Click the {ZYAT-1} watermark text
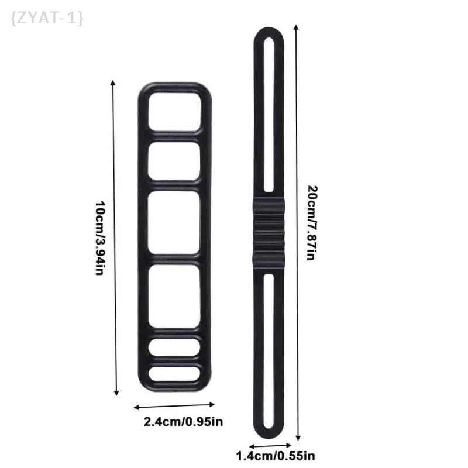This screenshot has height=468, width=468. click(x=47, y=18)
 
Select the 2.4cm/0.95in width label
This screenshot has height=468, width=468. click(x=184, y=421)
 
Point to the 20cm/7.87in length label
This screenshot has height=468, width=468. click(x=311, y=222)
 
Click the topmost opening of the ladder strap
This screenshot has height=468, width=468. click(x=174, y=111)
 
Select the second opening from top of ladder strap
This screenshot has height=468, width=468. click(x=174, y=162)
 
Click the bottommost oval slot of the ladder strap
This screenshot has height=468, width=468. click(x=174, y=373)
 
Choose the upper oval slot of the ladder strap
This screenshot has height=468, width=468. click(x=174, y=346)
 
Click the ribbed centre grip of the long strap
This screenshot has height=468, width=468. click(x=270, y=233)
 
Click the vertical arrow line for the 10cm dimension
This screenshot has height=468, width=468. click(x=116, y=239)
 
